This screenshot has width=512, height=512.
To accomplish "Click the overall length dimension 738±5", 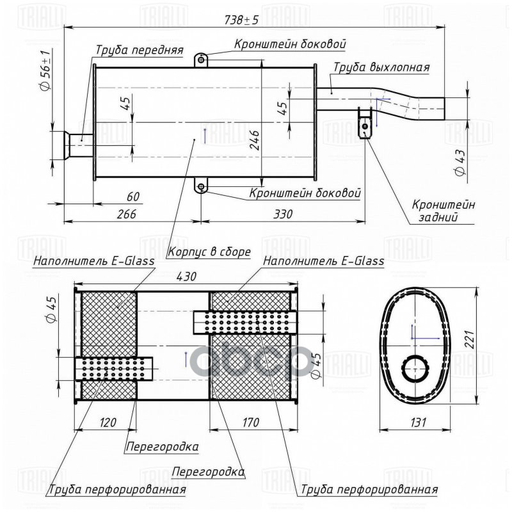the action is [241, 20].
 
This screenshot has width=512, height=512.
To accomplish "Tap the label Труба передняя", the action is [140, 50].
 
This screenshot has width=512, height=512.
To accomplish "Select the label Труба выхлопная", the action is [381, 67].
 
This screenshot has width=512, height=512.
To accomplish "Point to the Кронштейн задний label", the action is [443, 211].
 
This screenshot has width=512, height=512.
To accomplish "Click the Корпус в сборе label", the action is [209, 252].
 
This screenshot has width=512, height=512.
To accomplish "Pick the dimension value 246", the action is [254, 140].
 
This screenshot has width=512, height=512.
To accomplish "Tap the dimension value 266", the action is [127, 214].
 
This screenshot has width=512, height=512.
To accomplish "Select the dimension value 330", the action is [283, 214].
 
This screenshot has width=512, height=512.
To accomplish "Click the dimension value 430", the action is [186, 276].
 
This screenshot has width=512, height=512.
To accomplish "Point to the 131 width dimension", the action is [418, 422].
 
